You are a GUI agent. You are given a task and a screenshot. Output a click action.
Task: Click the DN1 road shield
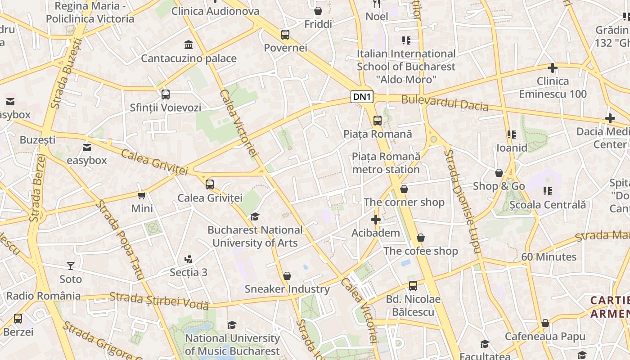(x=362, y=97)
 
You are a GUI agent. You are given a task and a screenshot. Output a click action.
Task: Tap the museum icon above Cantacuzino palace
(x=189, y=45)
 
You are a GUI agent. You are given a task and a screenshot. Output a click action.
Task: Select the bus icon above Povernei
(x=285, y=35)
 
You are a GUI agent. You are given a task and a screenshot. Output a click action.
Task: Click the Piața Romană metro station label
(x=386, y=163)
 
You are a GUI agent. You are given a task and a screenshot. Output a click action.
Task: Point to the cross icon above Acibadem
(x=375, y=220)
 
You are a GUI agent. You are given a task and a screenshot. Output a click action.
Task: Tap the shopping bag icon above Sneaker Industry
(x=287, y=276)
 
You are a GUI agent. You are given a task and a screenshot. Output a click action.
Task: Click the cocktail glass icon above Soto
(x=71, y=266)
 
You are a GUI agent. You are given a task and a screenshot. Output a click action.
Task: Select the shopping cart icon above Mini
(x=142, y=195)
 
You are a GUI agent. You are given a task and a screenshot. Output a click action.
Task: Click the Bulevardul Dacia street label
(x=445, y=103)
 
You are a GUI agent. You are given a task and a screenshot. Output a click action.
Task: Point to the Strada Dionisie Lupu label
(x=463, y=201)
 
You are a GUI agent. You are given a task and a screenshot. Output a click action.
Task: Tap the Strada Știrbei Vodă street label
(x=159, y=300)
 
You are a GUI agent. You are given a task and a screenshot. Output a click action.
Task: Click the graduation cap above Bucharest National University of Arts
(x=255, y=217)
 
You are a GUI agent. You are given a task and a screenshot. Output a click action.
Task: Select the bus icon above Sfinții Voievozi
(x=166, y=94)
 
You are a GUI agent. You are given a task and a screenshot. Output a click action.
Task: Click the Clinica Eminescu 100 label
(x=553, y=88)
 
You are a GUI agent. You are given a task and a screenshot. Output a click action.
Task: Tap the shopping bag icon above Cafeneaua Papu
(x=545, y=323)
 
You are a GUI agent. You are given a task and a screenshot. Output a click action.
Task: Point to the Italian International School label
(x=406, y=67)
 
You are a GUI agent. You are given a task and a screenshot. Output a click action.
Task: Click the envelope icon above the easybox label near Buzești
(x=87, y=147)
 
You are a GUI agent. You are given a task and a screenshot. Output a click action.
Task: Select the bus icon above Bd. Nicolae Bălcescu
(x=413, y=286)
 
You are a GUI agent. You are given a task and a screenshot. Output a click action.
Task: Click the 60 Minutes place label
(x=549, y=257)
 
